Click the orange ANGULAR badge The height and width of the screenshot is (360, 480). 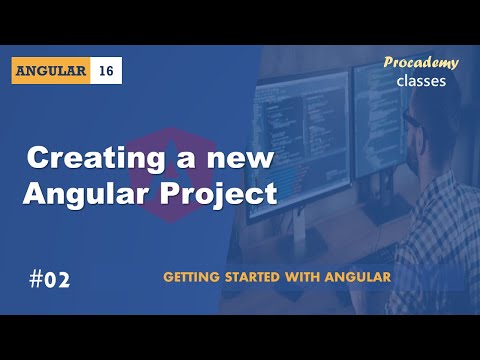point(52,71)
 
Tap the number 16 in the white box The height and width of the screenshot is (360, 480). point(107,71)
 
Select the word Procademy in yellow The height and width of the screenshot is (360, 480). point(421,63)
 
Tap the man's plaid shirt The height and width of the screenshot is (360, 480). point(440,220)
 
